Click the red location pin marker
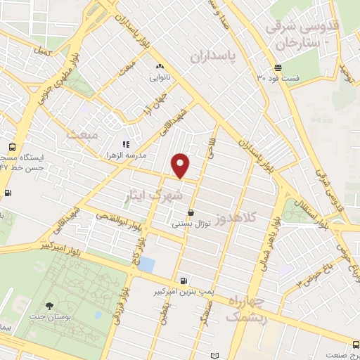(x=181, y=165)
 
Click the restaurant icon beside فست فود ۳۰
(x=278, y=68)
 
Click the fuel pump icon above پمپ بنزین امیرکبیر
(x=184, y=279)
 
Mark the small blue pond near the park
(x=146, y=264)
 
